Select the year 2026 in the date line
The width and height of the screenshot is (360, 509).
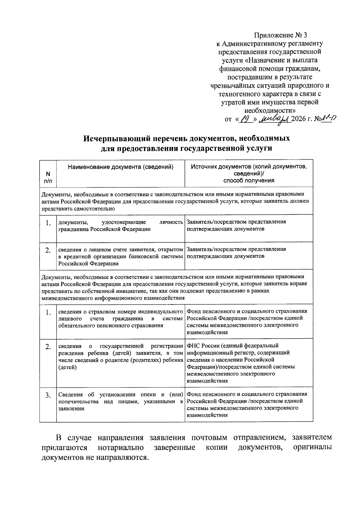point(300,119)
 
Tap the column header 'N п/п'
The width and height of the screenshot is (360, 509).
point(48,177)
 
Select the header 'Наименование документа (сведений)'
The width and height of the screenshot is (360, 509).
point(121,167)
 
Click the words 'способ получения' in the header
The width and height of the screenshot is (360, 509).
point(249,181)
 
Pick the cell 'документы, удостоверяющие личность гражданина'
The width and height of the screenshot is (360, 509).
point(120,226)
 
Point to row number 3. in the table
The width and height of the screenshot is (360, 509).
point(48,396)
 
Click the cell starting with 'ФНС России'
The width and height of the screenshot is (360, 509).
point(249,363)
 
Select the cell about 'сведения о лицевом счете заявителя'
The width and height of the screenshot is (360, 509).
point(120,256)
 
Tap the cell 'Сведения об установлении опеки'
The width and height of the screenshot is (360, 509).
point(120,401)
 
